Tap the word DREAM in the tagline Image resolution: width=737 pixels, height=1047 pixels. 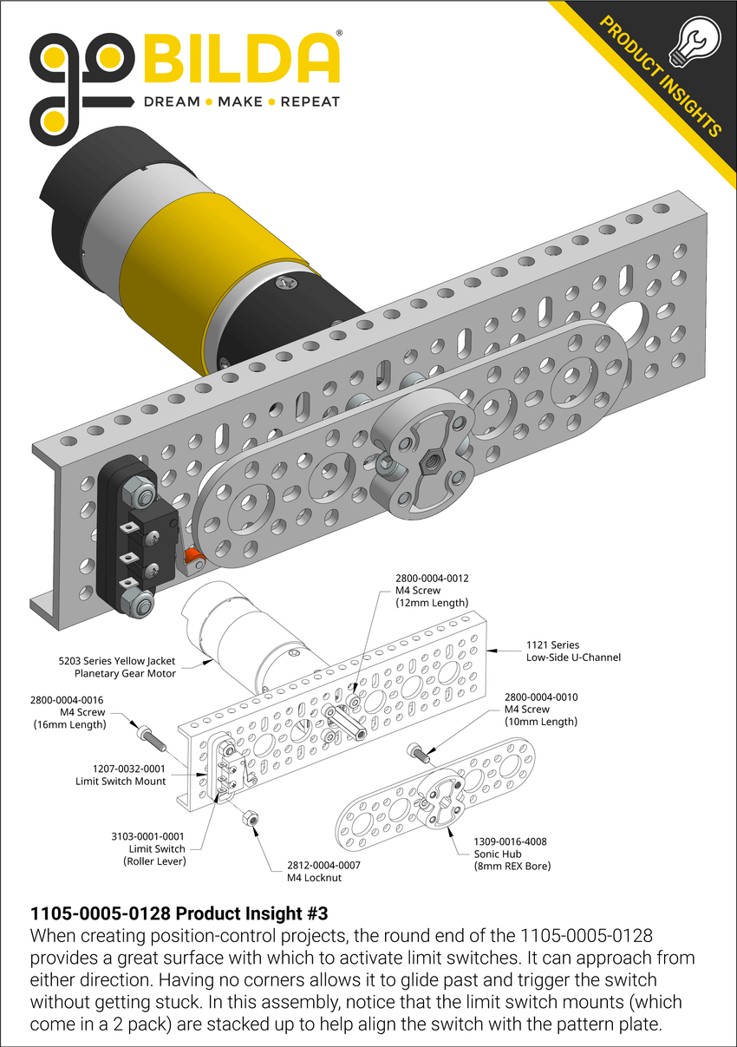171,101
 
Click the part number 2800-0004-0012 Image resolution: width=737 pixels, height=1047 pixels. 431,578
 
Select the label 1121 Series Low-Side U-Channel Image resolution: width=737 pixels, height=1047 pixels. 573,651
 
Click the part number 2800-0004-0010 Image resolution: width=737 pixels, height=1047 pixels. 540,697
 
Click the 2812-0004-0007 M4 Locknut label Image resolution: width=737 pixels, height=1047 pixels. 323,871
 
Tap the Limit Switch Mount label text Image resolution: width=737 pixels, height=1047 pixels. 121,775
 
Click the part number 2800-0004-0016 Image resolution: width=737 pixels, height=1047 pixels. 69,700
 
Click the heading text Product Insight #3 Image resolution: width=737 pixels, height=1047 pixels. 179,913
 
